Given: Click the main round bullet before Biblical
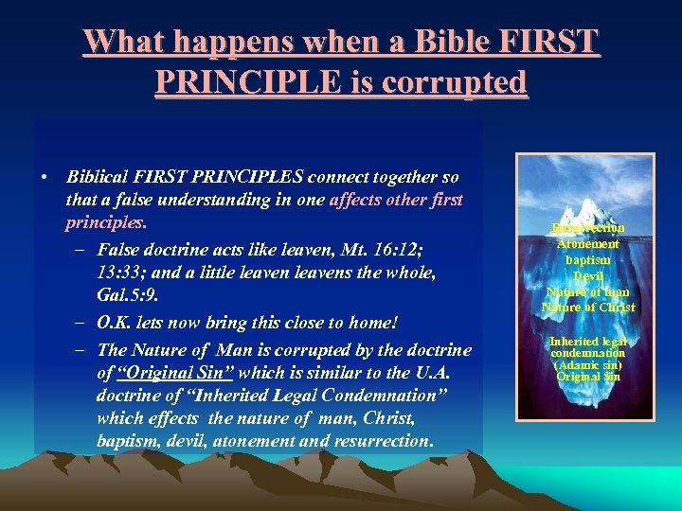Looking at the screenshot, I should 45,177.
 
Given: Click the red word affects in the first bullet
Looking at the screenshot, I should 359,201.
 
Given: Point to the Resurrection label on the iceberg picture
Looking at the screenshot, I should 588,228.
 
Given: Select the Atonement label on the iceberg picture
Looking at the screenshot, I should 588,244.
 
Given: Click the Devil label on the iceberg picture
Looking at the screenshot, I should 588,275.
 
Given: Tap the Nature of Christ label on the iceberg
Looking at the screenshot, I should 588,308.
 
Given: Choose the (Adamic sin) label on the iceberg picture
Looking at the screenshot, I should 588,365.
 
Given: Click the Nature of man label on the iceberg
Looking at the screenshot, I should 588,291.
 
